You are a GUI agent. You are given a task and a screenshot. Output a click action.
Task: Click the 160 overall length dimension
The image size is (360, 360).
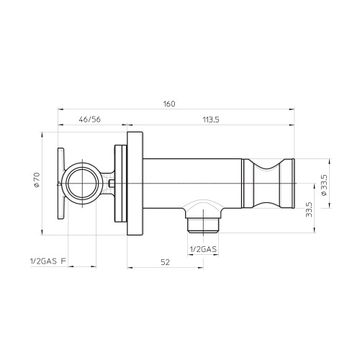pos(169,104)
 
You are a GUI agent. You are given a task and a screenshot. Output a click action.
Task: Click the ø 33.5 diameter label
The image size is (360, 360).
pos(323,184)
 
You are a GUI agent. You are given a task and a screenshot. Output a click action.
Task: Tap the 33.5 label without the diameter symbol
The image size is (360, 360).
pos(309,209)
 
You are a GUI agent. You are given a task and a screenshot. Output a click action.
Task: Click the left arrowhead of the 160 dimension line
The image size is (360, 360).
pos(59,110)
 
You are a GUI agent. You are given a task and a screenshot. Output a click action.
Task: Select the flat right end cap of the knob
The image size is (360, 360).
pos(292,184)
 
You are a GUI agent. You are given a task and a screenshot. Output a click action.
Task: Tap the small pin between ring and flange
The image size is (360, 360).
pos(112,184)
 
